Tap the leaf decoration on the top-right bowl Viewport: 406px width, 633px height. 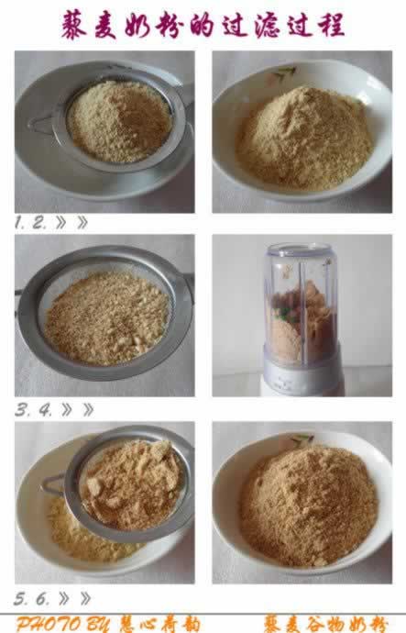point(286,73)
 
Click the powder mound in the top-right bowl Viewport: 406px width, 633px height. point(303,138)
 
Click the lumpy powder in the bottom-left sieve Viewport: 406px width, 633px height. point(128,483)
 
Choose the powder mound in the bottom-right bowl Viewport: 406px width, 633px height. point(307,505)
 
